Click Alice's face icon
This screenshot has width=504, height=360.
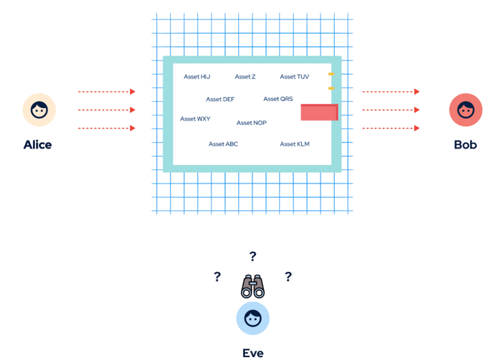click(x=39, y=110)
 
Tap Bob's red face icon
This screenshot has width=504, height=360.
click(x=466, y=110)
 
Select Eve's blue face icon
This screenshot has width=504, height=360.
click(x=253, y=318)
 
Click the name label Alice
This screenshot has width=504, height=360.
click(x=38, y=145)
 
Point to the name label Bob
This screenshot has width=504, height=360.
click(x=466, y=145)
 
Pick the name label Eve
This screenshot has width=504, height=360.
click(x=253, y=353)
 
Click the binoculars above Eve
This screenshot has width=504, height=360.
click(x=253, y=286)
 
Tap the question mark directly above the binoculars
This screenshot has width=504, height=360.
click(x=253, y=256)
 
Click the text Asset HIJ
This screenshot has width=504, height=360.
click(x=197, y=77)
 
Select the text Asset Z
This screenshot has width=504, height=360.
click(x=245, y=77)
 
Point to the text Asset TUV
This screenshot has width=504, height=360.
click(x=295, y=77)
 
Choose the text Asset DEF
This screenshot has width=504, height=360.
click(x=220, y=99)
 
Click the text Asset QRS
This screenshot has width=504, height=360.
click(x=278, y=98)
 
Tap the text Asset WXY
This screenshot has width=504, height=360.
click(x=195, y=119)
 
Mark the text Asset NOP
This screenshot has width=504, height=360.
click(x=251, y=123)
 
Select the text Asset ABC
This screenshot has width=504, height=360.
click(x=223, y=144)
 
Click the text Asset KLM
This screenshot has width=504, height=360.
click(x=295, y=144)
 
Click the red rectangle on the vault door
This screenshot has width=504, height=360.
click(x=319, y=112)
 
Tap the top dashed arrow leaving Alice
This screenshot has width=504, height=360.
click(x=107, y=92)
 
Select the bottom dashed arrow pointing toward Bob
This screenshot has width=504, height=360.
click(x=391, y=128)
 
